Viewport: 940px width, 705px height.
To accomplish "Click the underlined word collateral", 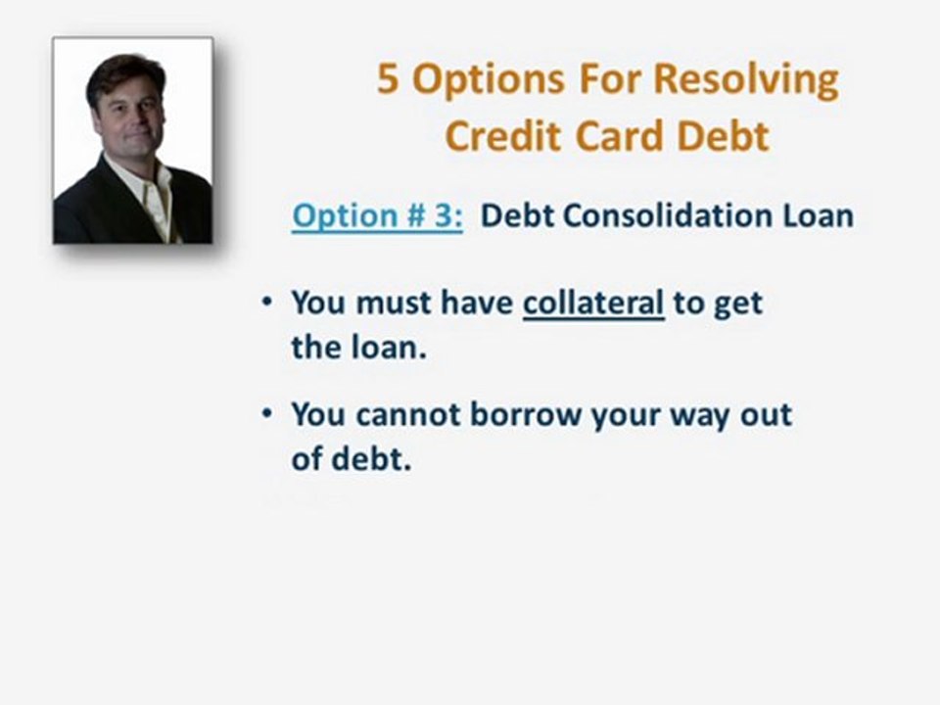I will point(593,304).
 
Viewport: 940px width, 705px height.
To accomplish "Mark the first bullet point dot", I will point(267,303).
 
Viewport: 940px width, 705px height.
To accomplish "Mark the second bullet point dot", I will point(267,413).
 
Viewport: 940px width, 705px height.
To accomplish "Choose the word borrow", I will point(526,414).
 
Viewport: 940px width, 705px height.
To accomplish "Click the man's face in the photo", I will point(128,116).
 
